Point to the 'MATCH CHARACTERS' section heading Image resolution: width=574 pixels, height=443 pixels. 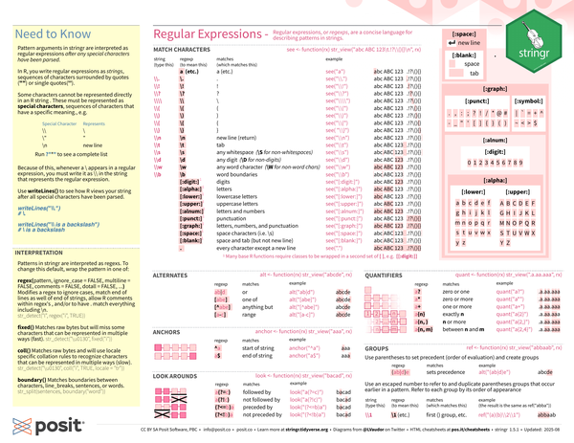pyautogui.click(x=184, y=48)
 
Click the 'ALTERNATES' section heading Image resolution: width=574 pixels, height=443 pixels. pyautogui.click(x=170, y=274)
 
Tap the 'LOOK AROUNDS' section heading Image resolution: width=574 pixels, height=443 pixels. pyautogui.click(x=175, y=376)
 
